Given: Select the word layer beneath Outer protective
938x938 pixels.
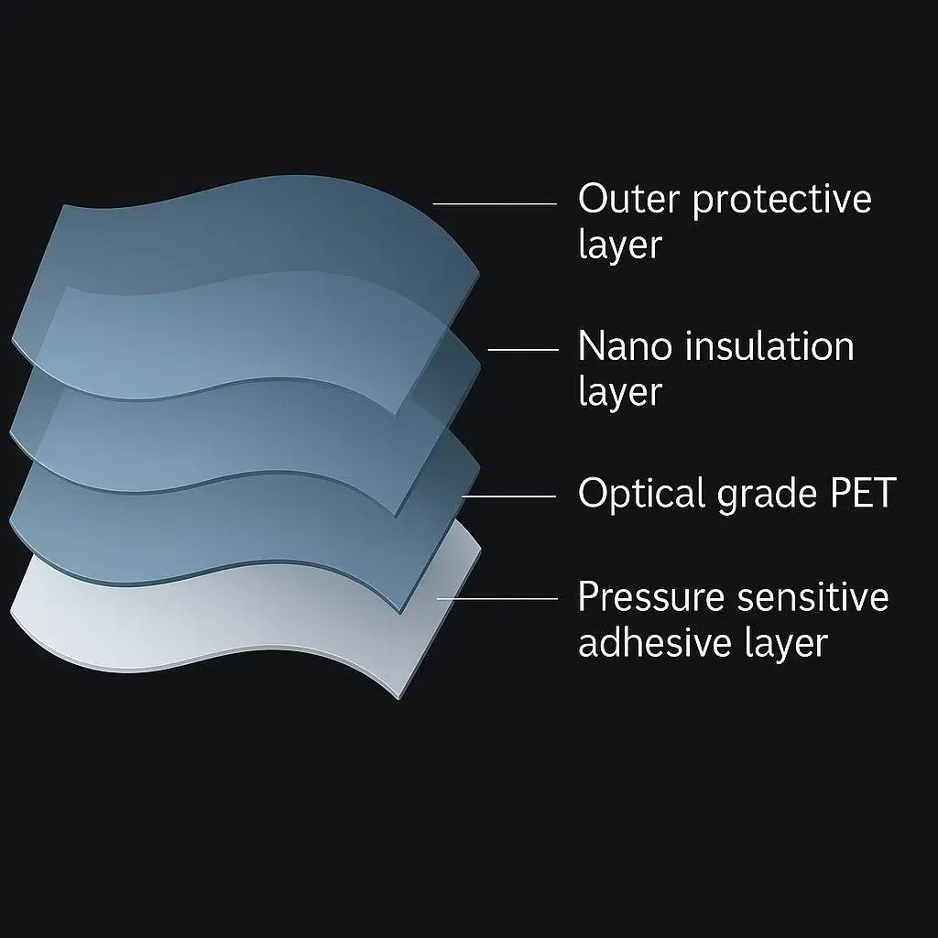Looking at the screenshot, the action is tap(620, 245).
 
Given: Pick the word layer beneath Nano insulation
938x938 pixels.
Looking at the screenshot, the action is tap(620, 392).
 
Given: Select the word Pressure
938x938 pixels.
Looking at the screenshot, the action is tap(651, 596).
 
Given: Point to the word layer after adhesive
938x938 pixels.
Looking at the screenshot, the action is tap(786, 644).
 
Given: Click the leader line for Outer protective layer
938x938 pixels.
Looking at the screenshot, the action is tap(495, 204).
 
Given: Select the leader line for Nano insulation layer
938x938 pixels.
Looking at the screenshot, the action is tap(523, 350).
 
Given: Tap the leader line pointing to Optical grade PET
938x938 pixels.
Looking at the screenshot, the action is tap(508, 496).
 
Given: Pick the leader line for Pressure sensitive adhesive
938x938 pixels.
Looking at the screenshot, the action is tap(497, 598).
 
